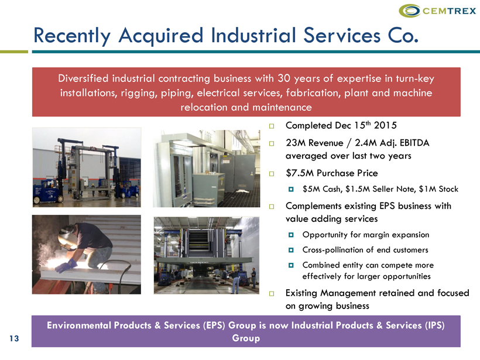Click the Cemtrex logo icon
point(410,11)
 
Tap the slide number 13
point(14,338)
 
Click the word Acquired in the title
point(161,36)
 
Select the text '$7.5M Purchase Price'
point(331,173)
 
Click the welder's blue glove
point(66,265)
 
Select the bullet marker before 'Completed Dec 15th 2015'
point(272,126)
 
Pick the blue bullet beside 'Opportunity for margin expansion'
point(291,235)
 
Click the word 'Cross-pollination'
point(332,250)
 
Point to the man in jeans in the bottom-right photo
point(235,282)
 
